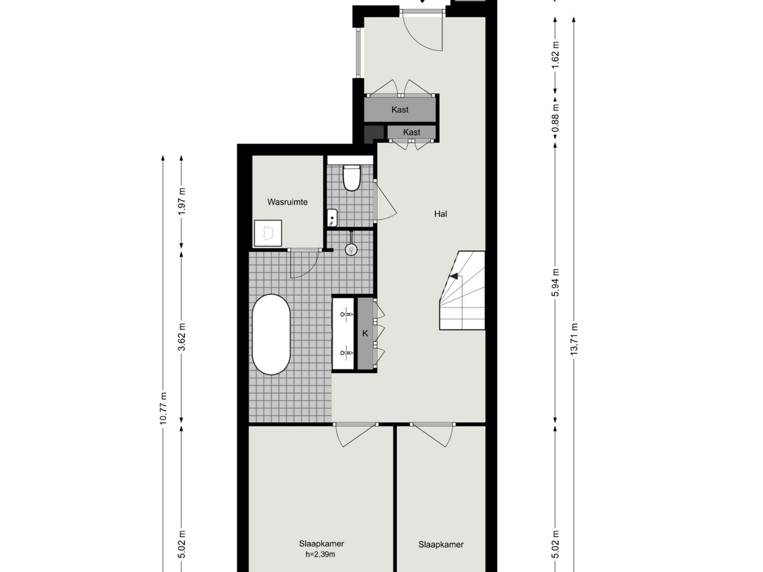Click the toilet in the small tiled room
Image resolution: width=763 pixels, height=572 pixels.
[x=351, y=178]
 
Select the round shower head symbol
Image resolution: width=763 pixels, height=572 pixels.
[x=351, y=249]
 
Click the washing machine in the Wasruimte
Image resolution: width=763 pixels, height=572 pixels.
[x=268, y=233]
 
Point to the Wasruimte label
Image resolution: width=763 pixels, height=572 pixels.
[x=287, y=202]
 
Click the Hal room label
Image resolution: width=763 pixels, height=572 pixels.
[x=441, y=214]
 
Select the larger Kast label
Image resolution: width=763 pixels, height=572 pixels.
[x=400, y=110]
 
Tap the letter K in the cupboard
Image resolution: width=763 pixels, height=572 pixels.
[x=365, y=333]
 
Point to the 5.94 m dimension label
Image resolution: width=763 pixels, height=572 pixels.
[x=555, y=282]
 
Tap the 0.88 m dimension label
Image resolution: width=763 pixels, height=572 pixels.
[x=555, y=118]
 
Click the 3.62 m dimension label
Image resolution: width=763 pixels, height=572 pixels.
[x=182, y=337]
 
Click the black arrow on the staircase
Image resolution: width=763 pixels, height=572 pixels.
[x=454, y=276]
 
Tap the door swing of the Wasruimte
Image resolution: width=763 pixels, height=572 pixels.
[x=303, y=265]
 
